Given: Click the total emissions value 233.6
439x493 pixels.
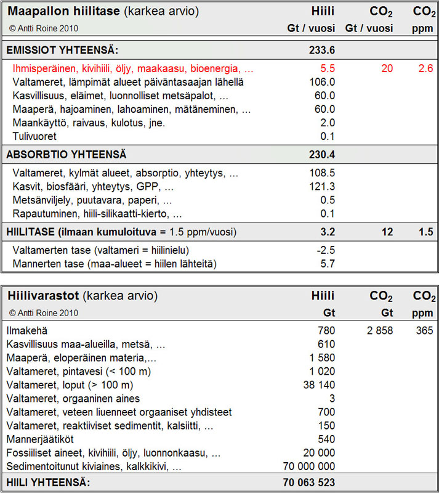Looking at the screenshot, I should (322, 50).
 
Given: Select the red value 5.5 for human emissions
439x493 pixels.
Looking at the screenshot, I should (328, 68).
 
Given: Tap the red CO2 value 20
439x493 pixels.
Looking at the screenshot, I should (386, 68).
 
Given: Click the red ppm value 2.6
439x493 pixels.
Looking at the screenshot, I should (425, 68).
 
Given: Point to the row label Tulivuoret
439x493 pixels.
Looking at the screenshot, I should (36, 136).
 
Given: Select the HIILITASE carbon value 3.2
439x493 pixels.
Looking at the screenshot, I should (328, 232).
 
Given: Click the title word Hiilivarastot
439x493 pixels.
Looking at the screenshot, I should (43, 296).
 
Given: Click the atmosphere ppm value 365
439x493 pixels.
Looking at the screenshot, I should (424, 331).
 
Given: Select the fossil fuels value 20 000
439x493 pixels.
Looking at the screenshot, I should (320, 453).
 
